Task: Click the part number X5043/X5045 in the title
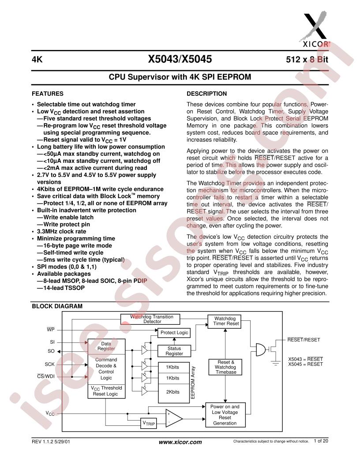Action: point(180,60)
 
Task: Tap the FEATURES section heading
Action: point(48,94)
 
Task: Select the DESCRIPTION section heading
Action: point(207,94)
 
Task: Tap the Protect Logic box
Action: point(174,332)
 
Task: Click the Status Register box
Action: point(174,351)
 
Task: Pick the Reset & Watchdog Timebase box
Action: point(226,367)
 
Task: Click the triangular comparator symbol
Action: point(173,417)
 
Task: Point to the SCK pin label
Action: point(49,365)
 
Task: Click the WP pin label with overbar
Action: point(51,330)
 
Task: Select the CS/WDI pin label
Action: point(46,376)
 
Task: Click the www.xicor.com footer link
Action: point(180,442)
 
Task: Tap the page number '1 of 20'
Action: point(321,441)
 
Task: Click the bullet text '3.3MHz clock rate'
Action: point(64,231)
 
